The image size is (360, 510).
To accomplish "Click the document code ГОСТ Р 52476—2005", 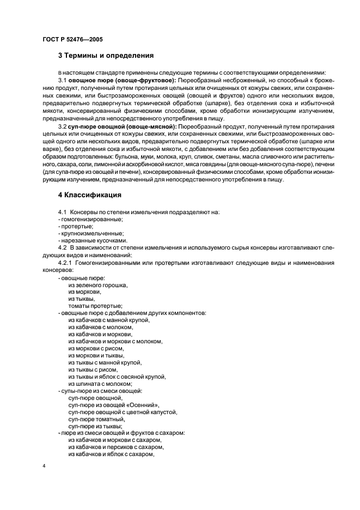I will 72,39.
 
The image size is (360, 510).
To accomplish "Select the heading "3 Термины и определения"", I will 106,56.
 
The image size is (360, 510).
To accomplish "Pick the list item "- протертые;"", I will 75,226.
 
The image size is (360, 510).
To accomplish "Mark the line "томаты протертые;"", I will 95,306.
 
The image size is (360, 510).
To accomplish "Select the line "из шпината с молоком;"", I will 100,384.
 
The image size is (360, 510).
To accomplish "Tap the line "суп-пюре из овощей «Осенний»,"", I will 114,405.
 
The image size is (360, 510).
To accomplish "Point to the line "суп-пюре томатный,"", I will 96,419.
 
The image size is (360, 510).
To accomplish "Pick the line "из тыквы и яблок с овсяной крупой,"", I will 117,377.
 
